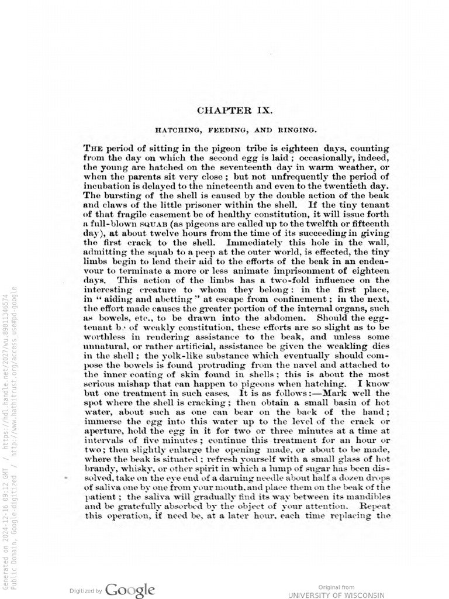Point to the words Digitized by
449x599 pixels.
coord(87,590)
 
